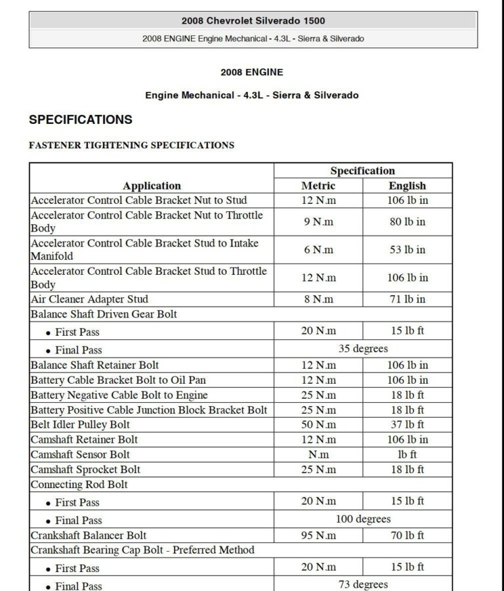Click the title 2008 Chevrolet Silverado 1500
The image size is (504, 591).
253,21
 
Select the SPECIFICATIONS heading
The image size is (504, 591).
81,119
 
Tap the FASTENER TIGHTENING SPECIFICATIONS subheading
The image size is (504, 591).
131,145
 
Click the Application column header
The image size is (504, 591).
152,186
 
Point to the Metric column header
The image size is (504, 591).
318,186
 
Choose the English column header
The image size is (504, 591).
407,186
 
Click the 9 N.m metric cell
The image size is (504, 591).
318,222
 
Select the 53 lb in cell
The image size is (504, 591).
407,249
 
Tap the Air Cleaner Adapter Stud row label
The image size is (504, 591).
90,299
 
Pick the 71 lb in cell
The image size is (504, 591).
407,299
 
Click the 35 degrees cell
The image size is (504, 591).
362,348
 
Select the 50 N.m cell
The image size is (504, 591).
318,424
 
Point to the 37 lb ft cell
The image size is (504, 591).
407,424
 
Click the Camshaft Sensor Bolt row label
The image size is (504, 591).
80,455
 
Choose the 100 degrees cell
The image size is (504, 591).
362,519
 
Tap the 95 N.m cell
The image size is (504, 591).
318,535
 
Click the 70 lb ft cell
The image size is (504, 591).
407,535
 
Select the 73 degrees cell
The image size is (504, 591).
362,584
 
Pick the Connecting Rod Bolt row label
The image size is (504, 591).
79,485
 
